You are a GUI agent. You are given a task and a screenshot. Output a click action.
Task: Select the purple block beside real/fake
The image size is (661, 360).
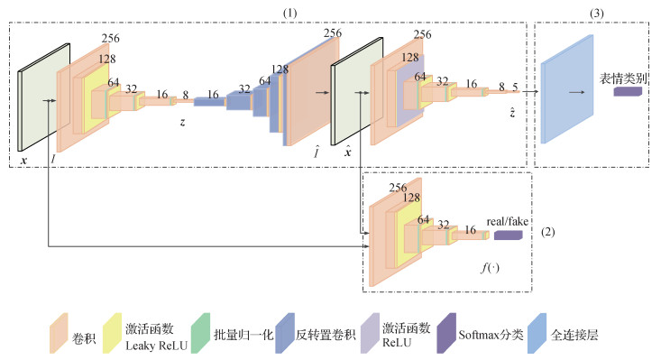coord(509,235)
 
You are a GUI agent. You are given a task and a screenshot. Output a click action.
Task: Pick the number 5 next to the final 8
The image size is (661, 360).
coord(515,88)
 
